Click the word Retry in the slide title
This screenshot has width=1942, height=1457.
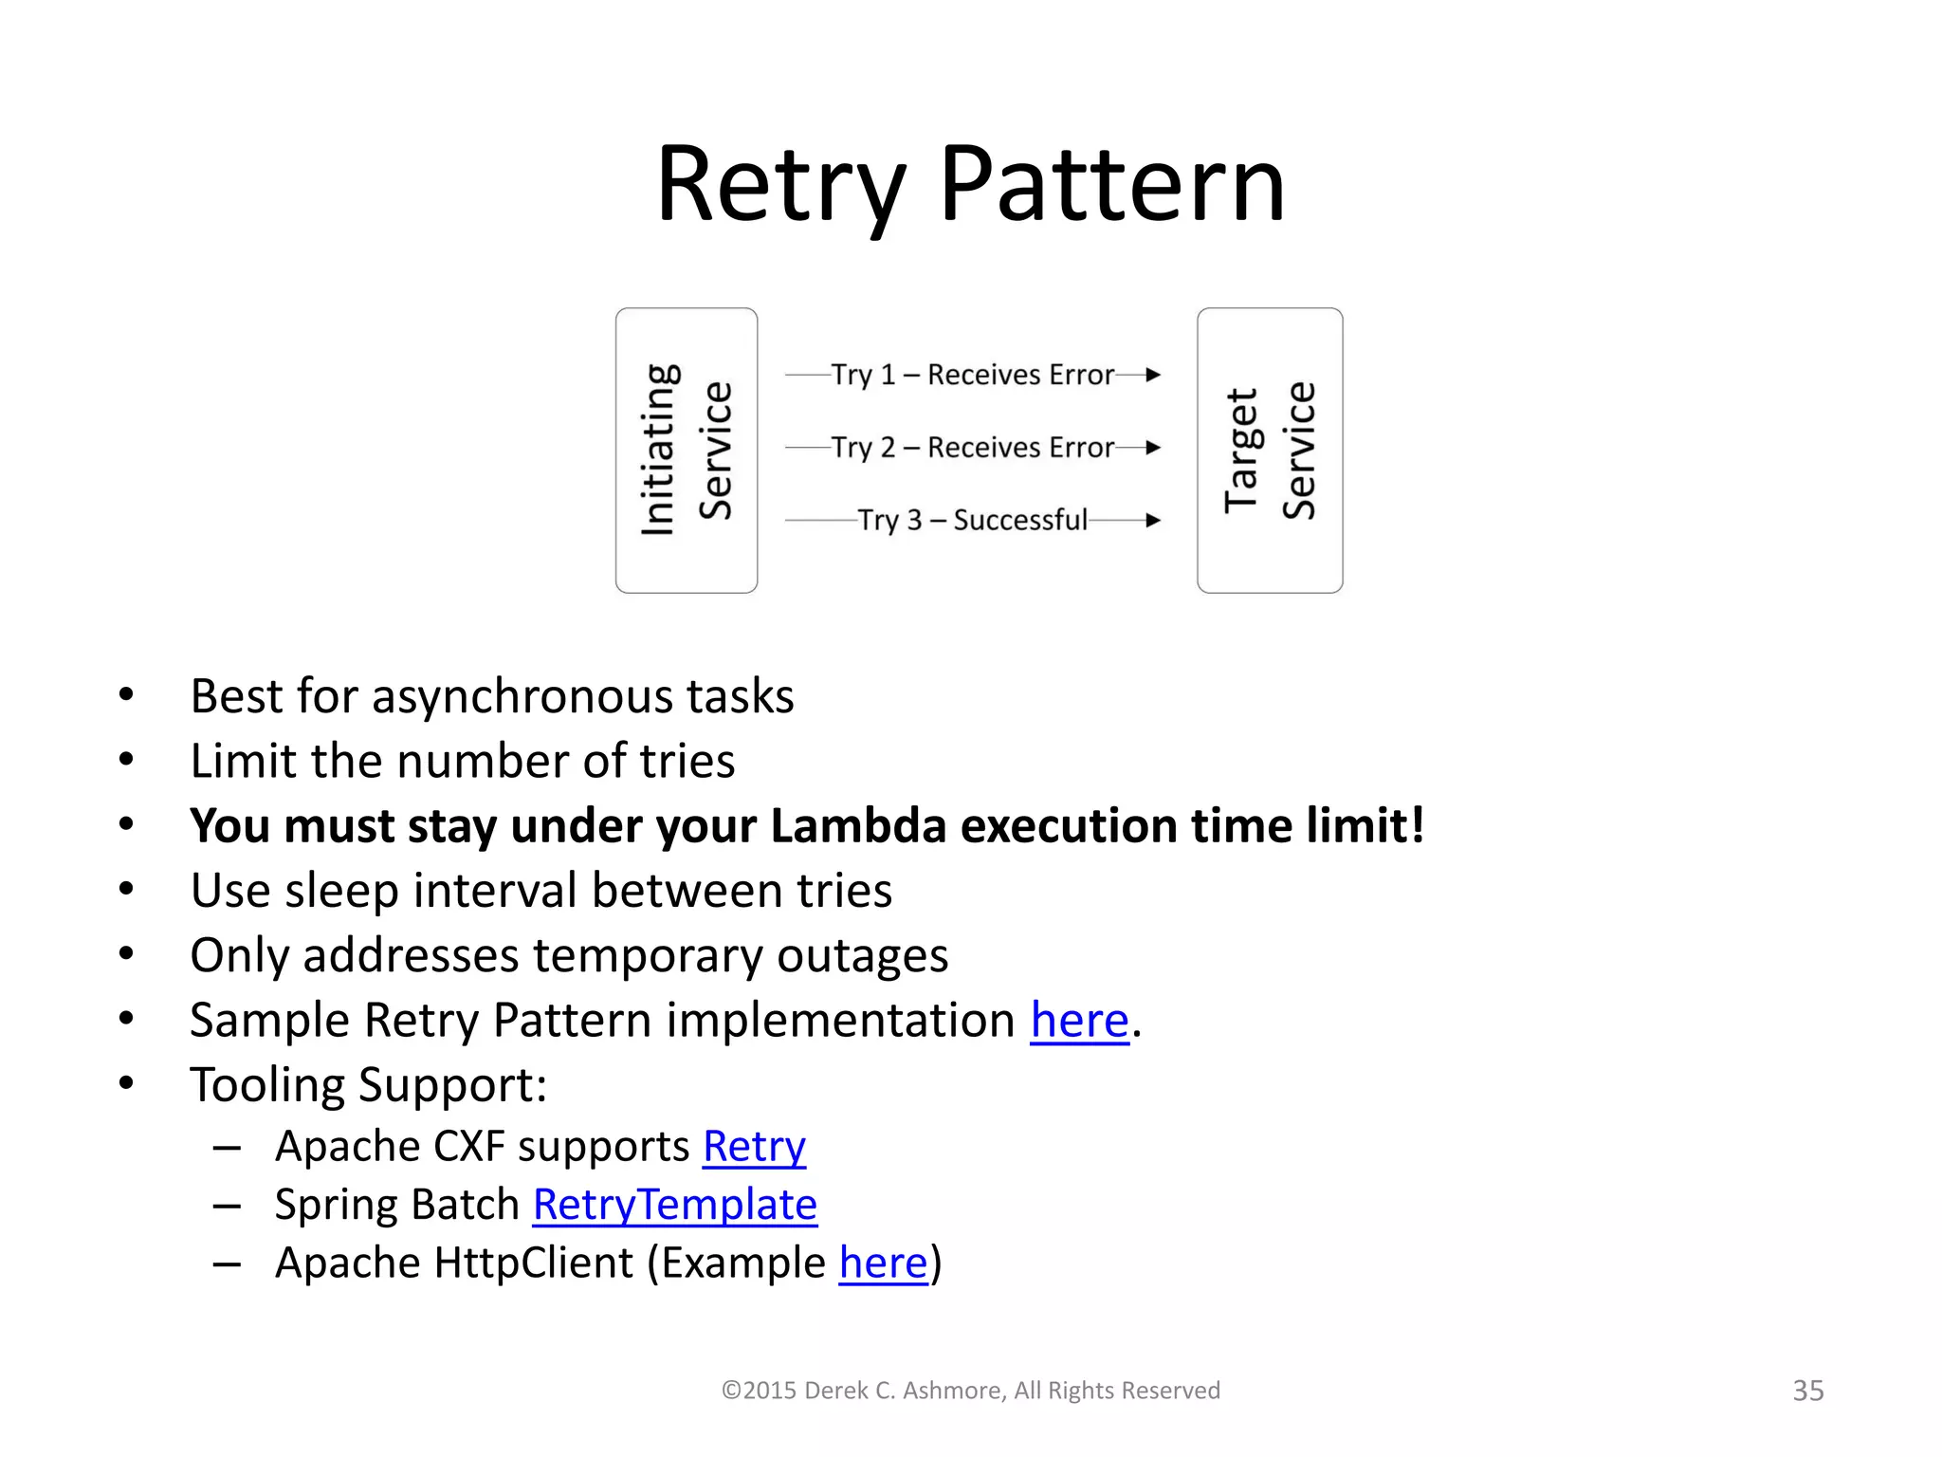[779, 185]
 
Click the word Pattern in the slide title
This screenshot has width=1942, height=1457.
[1111, 185]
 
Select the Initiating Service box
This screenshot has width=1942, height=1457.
[686, 451]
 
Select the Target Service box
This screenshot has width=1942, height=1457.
[1269, 451]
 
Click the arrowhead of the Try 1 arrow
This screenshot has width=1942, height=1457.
[1153, 375]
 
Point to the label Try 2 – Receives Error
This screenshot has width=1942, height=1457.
[972, 447]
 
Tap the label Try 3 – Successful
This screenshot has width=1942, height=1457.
[972, 520]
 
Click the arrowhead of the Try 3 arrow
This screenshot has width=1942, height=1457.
[1153, 520]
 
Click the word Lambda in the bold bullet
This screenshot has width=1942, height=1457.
[857, 825]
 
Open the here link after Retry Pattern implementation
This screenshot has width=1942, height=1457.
[1079, 1021]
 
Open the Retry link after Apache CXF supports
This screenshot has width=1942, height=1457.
[754, 1147]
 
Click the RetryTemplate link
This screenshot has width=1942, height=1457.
[674, 1206]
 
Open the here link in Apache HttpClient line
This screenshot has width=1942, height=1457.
[883, 1263]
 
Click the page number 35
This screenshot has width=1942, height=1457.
[1807, 1391]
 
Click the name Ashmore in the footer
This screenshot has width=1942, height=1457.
[952, 1391]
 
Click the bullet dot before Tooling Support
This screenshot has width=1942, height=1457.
[126, 1083]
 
